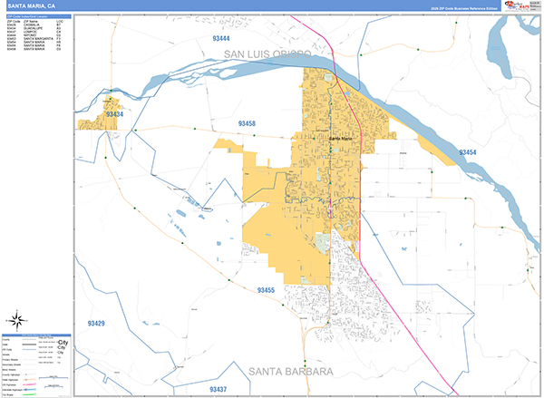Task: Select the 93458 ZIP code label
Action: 247,123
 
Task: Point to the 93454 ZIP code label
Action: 468,152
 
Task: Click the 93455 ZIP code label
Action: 266,290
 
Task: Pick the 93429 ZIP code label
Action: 96,324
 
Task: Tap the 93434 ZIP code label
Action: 114,115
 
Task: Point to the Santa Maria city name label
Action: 341,138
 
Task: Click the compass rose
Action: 17,319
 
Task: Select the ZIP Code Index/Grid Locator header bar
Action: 37,16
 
